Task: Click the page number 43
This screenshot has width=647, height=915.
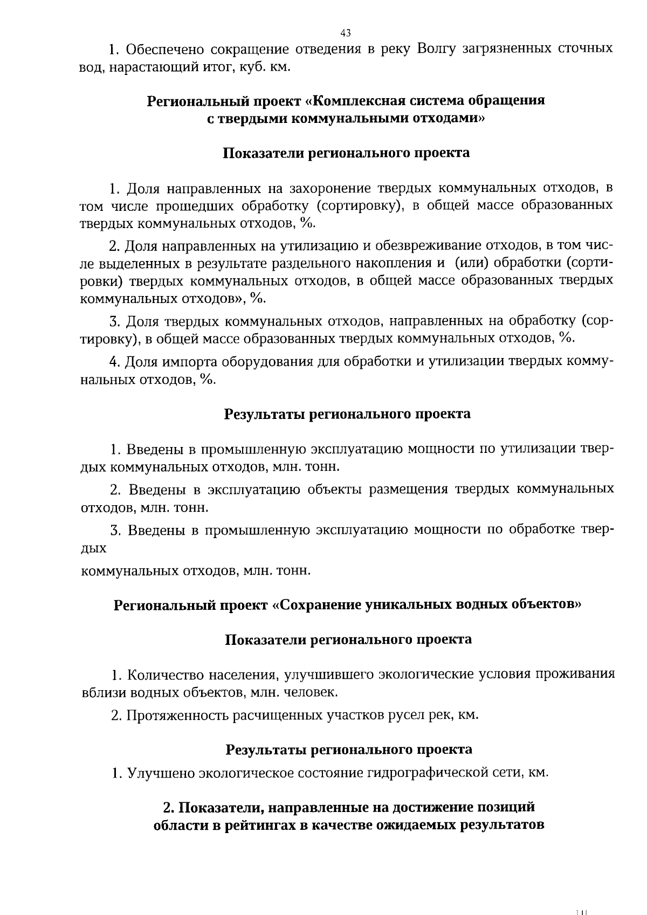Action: tap(346, 33)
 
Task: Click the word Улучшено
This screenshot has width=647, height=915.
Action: tap(161, 773)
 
